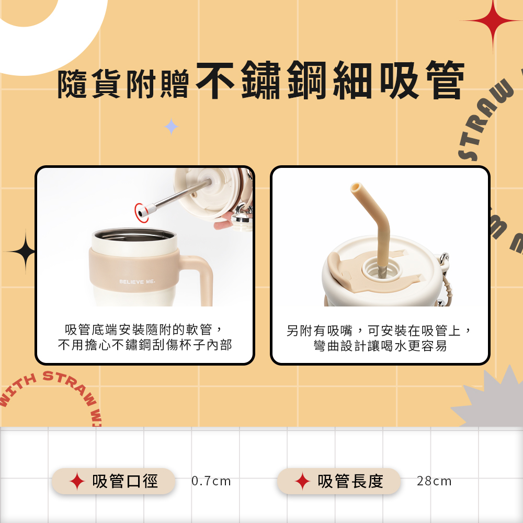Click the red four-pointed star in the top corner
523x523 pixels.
(x=493, y=21)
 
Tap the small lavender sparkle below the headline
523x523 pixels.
(x=171, y=127)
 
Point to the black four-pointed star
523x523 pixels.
(x=25, y=252)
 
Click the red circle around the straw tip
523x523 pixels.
(x=141, y=212)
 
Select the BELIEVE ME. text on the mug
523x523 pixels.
(x=137, y=281)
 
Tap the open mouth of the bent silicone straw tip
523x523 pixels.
(x=356, y=187)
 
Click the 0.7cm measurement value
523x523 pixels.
(x=211, y=481)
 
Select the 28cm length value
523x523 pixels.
(x=434, y=481)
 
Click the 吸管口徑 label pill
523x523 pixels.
(x=113, y=481)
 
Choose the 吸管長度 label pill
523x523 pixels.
(x=338, y=481)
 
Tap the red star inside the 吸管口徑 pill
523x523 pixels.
(x=77, y=481)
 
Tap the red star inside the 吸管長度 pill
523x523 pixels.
(x=302, y=481)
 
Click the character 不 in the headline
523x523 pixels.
(x=215, y=80)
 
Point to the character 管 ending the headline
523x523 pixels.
(x=445, y=80)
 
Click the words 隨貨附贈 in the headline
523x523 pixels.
(x=123, y=84)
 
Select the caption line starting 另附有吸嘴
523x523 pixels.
(x=379, y=331)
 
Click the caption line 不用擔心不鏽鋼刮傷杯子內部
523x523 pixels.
(x=145, y=345)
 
